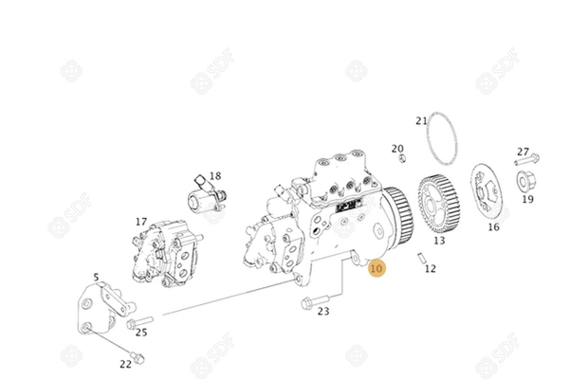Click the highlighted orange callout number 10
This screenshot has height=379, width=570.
[377, 269]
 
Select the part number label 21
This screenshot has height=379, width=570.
[422, 120]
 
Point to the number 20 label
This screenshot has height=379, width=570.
[397, 148]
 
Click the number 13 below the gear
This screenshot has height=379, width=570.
[438, 242]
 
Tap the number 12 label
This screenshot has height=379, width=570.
[431, 269]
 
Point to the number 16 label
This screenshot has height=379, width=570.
[493, 227]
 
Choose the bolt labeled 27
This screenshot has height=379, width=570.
[528, 159]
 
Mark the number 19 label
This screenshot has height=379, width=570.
[527, 199]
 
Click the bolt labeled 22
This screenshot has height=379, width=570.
[137, 356]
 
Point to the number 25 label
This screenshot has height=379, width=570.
[141, 333]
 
